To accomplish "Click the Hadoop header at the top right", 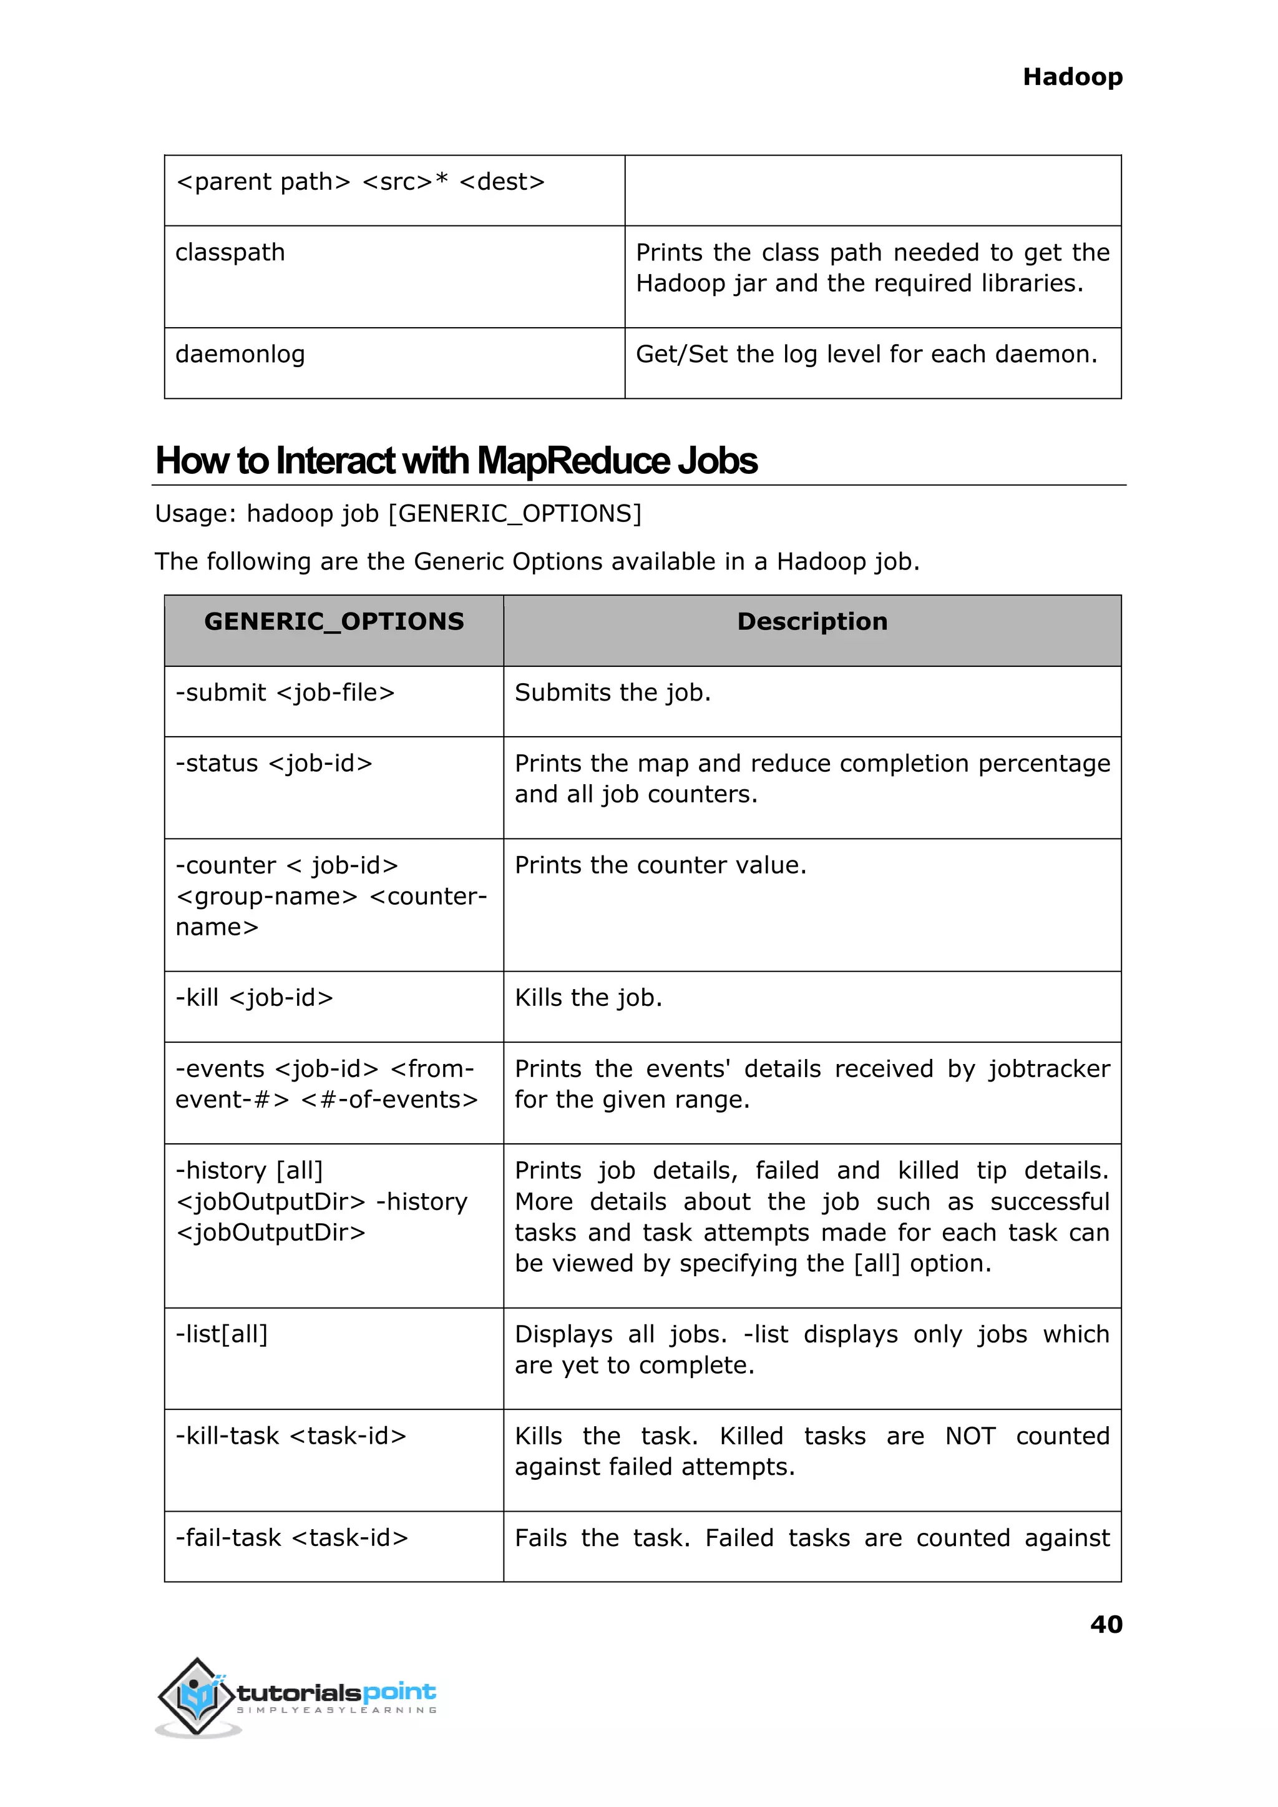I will click(1072, 77).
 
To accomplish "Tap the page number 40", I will click(1106, 1623).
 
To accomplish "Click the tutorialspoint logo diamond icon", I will click(197, 1696).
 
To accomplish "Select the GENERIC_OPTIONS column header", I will click(334, 622).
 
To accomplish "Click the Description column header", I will click(811, 622).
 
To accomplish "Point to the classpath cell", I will click(230, 253).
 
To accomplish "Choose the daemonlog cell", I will click(240, 354).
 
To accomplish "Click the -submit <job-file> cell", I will click(285, 693).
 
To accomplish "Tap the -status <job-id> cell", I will click(274, 764).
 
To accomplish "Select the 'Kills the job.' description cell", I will click(588, 998).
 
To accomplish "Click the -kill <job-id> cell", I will click(254, 998).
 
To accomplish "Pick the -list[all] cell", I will click(222, 1334).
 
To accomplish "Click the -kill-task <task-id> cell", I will click(290, 1436).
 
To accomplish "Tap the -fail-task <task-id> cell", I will click(291, 1538).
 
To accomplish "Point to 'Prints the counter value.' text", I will click(660, 865).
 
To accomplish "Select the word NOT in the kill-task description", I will click(970, 1436).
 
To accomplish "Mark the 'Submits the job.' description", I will click(612, 693).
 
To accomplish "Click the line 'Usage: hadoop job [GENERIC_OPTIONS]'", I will click(398, 514).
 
